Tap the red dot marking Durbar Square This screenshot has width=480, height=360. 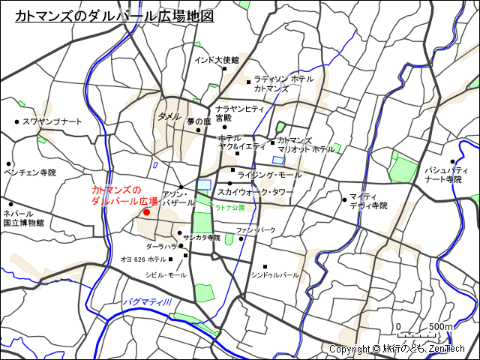point(146,212)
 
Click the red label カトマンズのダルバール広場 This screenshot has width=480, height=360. point(124,196)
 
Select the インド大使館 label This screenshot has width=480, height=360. point(216,60)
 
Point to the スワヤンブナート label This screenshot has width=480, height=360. point(52,121)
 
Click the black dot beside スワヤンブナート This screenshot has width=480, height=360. point(16,121)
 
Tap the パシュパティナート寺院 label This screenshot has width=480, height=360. point(442,175)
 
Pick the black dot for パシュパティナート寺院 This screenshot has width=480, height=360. point(454,160)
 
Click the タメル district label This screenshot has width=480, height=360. point(169,117)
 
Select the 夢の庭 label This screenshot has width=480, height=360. point(199,121)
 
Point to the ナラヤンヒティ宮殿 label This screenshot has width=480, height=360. point(239,113)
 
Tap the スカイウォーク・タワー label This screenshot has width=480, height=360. point(256,192)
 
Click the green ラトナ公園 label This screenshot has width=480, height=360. point(230,206)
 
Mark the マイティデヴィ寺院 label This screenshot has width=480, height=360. point(367,201)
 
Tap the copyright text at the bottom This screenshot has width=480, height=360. point(397,349)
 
